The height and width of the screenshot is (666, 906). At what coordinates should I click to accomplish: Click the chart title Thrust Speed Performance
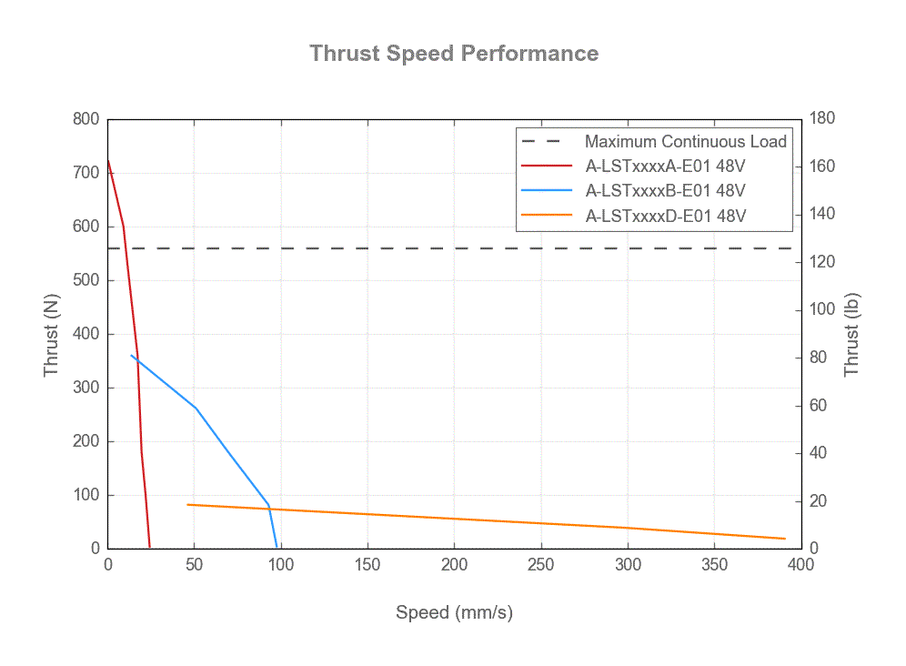click(x=453, y=53)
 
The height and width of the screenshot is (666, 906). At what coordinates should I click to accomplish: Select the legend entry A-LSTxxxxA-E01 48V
click(x=665, y=166)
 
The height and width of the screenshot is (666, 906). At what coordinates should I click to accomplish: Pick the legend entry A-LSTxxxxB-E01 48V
click(x=665, y=191)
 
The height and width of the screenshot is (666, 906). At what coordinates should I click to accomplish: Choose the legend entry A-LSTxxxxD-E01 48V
click(x=665, y=216)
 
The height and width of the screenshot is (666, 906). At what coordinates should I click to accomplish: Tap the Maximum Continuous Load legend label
click(x=685, y=142)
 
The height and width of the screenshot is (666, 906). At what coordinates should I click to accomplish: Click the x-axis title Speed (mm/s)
click(x=453, y=612)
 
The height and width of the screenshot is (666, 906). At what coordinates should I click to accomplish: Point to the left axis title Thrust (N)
click(x=52, y=333)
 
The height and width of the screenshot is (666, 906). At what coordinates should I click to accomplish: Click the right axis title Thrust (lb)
click(x=851, y=333)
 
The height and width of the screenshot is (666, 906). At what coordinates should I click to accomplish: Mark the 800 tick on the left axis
click(x=86, y=119)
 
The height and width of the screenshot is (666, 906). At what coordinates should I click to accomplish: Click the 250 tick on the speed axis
click(x=541, y=565)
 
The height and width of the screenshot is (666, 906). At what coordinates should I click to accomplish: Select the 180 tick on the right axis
click(x=823, y=119)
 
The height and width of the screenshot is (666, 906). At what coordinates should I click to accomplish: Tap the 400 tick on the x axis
click(x=800, y=565)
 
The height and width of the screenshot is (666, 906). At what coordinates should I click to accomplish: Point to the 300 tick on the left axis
click(x=86, y=388)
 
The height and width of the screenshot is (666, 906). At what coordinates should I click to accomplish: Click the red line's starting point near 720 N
click(x=108, y=161)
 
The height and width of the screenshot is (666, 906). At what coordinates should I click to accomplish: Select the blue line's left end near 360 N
click(x=131, y=355)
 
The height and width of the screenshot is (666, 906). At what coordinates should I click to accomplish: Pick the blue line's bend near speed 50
click(x=196, y=409)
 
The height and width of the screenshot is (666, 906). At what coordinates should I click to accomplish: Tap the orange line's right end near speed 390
click(x=784, y=539)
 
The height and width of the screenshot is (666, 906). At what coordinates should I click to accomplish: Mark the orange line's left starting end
click(x=187, y=504)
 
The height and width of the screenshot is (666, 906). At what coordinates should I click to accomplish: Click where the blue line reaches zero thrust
click(x=277, y=548)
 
